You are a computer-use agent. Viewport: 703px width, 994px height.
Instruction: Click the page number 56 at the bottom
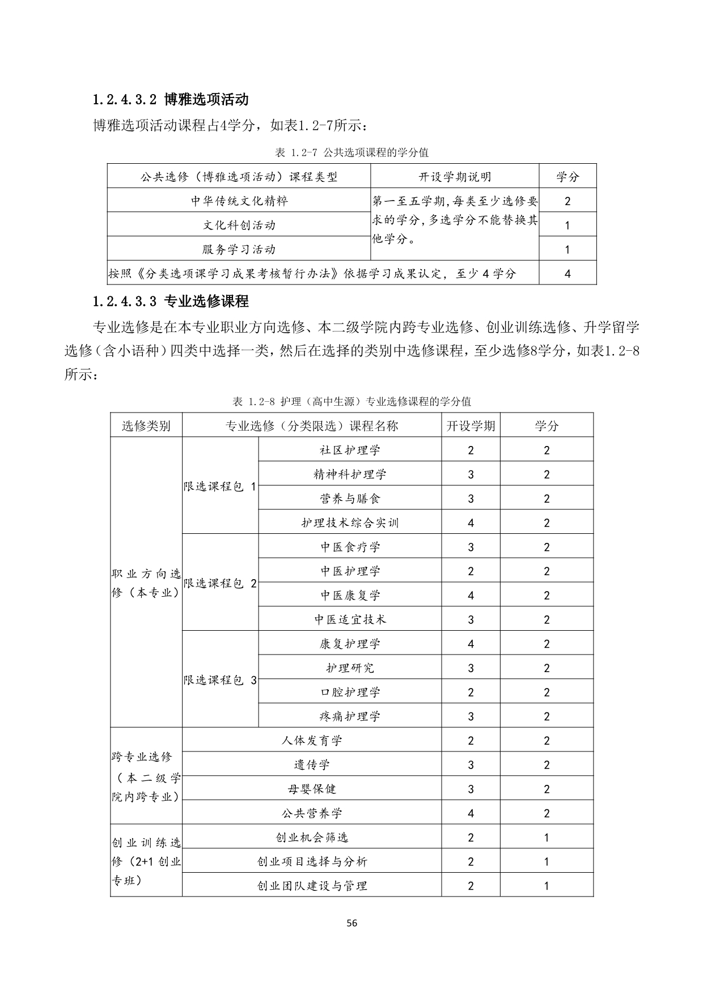tap(351, 923)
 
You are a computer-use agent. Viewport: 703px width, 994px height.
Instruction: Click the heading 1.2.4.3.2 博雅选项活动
tap(171, 100)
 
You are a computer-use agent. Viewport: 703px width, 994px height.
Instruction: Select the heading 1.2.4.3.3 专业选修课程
tap(171, 301)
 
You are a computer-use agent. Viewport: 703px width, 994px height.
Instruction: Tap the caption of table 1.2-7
tap(351, 152)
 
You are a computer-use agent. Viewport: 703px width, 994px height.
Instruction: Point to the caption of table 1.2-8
tap(351, 401)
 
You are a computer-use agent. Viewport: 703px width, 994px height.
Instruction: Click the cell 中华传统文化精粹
tap(239, 201)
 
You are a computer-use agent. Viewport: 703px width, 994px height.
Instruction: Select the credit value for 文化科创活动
tap(568, 225)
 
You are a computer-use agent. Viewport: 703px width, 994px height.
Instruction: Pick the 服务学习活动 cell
tap(239, 249)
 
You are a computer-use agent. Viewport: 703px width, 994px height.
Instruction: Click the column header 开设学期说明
tap(455, 177)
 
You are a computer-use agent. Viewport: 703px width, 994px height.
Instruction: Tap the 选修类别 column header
tap(146, 426)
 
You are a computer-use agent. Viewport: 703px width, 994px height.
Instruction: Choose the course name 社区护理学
tap(350, 450)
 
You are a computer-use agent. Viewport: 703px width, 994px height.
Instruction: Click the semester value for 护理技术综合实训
tap(471, 523)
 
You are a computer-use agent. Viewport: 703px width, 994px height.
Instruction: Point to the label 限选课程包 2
tap(220, 583)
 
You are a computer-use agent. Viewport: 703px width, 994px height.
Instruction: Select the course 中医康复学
tap(350, 595)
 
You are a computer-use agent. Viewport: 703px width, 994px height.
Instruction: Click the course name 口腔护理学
tap(350, 692)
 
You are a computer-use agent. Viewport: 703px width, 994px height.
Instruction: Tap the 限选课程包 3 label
tap(220, 680)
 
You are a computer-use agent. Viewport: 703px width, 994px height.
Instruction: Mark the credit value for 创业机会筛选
tap(547, 838)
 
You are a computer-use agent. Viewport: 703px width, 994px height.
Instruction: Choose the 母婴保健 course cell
tap(312, 789)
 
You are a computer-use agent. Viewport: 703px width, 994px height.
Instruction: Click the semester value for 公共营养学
tap(471, 813)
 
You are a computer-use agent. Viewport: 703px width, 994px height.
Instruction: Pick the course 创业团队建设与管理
tap(312, 886)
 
